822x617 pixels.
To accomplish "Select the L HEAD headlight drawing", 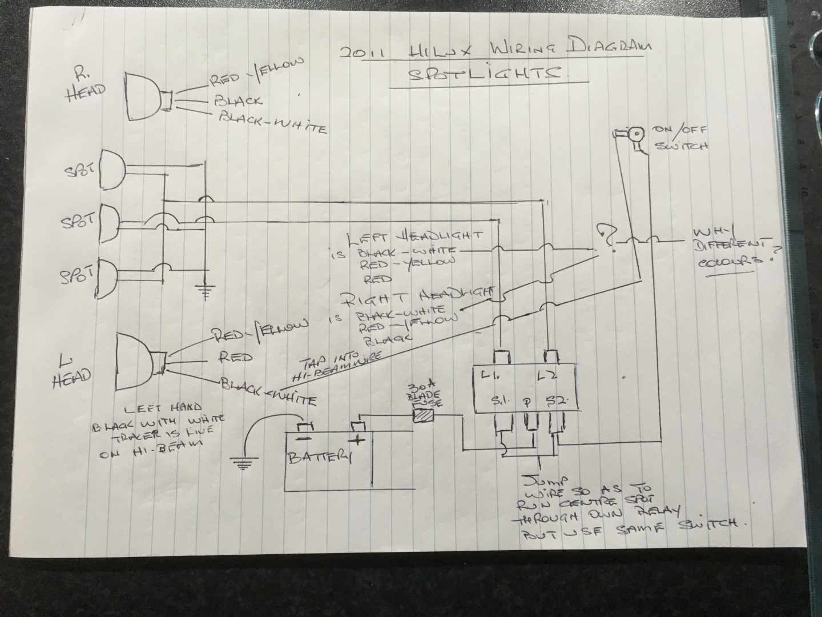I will (x=137, y=363).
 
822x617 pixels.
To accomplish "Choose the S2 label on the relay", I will (x=554, y=400).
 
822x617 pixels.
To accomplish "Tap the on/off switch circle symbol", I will (x=633, y=134).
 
